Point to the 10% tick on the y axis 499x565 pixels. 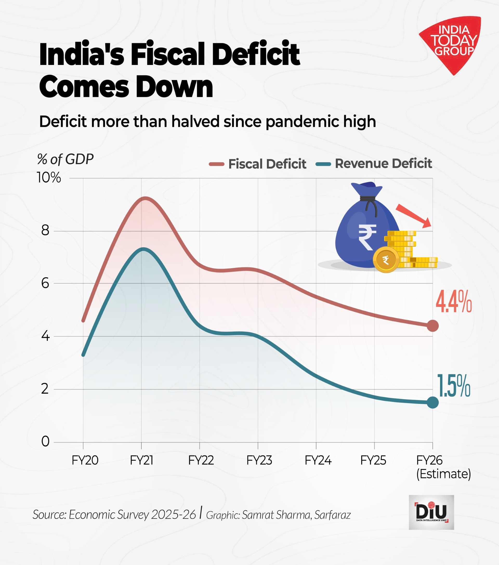(x=49, y=178)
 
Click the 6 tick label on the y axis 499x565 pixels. (x=45, y=283)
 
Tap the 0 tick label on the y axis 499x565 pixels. (x=45, y=442)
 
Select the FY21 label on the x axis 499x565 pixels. (x=141, y=461)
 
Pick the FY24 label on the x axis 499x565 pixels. (x=318, y=461)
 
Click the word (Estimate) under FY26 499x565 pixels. (x=443, y=474)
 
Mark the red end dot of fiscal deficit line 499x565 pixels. (x=433, y=326)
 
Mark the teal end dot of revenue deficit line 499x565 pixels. (x=433, y=403)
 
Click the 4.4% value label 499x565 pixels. (x=453, y=302)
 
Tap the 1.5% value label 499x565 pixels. (x=453, y=386)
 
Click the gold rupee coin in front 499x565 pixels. (x=386, y=260)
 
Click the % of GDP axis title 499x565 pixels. (x=65, y=159)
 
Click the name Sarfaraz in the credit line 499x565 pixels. (x=332, y=515)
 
